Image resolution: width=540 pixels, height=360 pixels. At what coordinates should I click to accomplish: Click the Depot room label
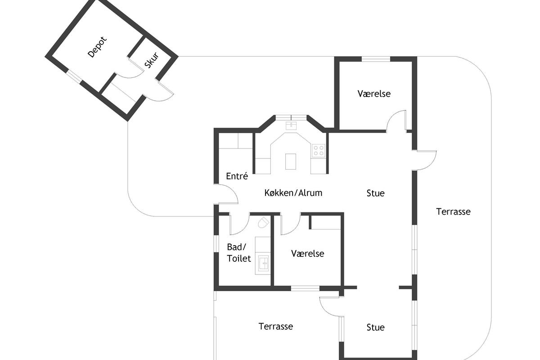pos(97,47)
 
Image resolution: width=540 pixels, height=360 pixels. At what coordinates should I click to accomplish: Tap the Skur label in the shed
pos(152,60)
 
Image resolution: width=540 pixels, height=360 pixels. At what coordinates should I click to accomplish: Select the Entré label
pos(237,176)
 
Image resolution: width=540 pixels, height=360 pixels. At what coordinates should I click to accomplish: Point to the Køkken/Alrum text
pos(293,193)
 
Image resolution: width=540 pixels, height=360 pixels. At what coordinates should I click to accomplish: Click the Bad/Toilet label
pos(238,253)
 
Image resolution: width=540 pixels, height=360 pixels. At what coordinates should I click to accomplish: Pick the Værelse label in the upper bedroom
pos(374,94)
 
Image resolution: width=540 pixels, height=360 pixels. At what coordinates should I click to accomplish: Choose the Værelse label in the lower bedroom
pos(307,253)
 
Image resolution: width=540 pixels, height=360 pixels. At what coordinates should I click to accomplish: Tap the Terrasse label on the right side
pos(453,211)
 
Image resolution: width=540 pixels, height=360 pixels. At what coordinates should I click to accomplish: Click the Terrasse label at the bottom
pos(276,327)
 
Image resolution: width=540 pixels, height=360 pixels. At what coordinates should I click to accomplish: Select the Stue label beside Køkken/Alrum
pos(375,193)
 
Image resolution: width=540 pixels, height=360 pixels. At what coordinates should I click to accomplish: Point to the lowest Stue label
pos(375,328)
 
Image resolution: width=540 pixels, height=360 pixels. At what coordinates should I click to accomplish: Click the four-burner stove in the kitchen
pos(318,150)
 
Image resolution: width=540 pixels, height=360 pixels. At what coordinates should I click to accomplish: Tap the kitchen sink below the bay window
pos(291,126)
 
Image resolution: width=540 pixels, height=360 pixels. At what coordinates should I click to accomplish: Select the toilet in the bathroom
pos(263,223)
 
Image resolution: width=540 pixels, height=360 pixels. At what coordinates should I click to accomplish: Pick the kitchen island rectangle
pos(291,162)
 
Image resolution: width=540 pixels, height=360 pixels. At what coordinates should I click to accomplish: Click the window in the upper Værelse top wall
pos(376,59)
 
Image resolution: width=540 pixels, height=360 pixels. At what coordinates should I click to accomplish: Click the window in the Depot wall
pos(74,77)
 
